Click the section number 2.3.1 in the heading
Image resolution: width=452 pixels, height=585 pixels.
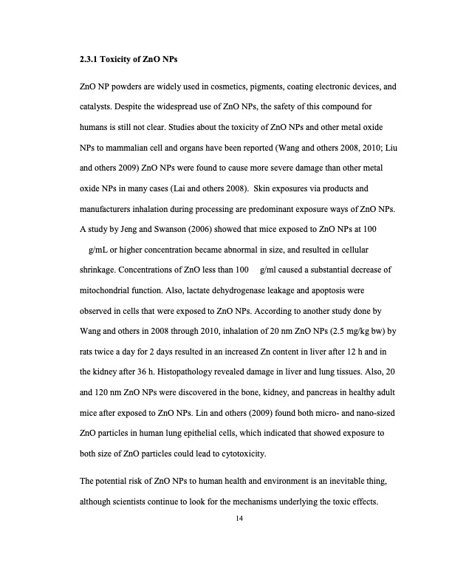click(x=89, y=58)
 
